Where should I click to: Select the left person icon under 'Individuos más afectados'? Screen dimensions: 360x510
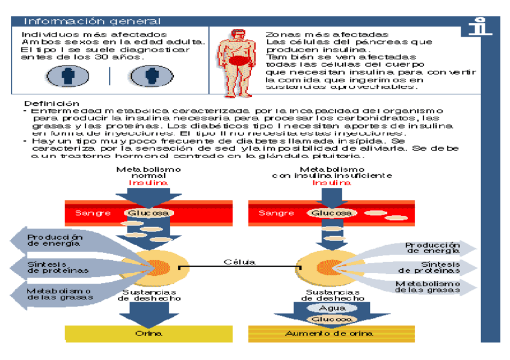(67, 76)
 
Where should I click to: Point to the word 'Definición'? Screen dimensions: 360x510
(52, 103)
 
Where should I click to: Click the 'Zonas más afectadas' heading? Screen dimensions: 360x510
(327, 35)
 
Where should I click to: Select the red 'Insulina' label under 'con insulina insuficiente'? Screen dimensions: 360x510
(332, 183)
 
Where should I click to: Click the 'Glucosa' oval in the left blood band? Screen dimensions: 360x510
(149, 213)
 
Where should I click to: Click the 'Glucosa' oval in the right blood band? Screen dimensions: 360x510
(332, 213)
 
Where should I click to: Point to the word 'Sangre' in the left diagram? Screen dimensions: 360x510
(93, 213)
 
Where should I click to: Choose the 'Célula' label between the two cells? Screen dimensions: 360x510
(239, 262)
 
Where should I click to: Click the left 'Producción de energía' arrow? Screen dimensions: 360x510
(54, 240)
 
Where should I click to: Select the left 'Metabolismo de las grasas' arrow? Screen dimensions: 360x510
(57, 293)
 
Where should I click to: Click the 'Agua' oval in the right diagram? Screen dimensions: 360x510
(332, 308)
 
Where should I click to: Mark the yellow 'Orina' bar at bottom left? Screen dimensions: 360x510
(149, 334)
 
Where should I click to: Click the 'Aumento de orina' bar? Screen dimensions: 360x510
(332, 334)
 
